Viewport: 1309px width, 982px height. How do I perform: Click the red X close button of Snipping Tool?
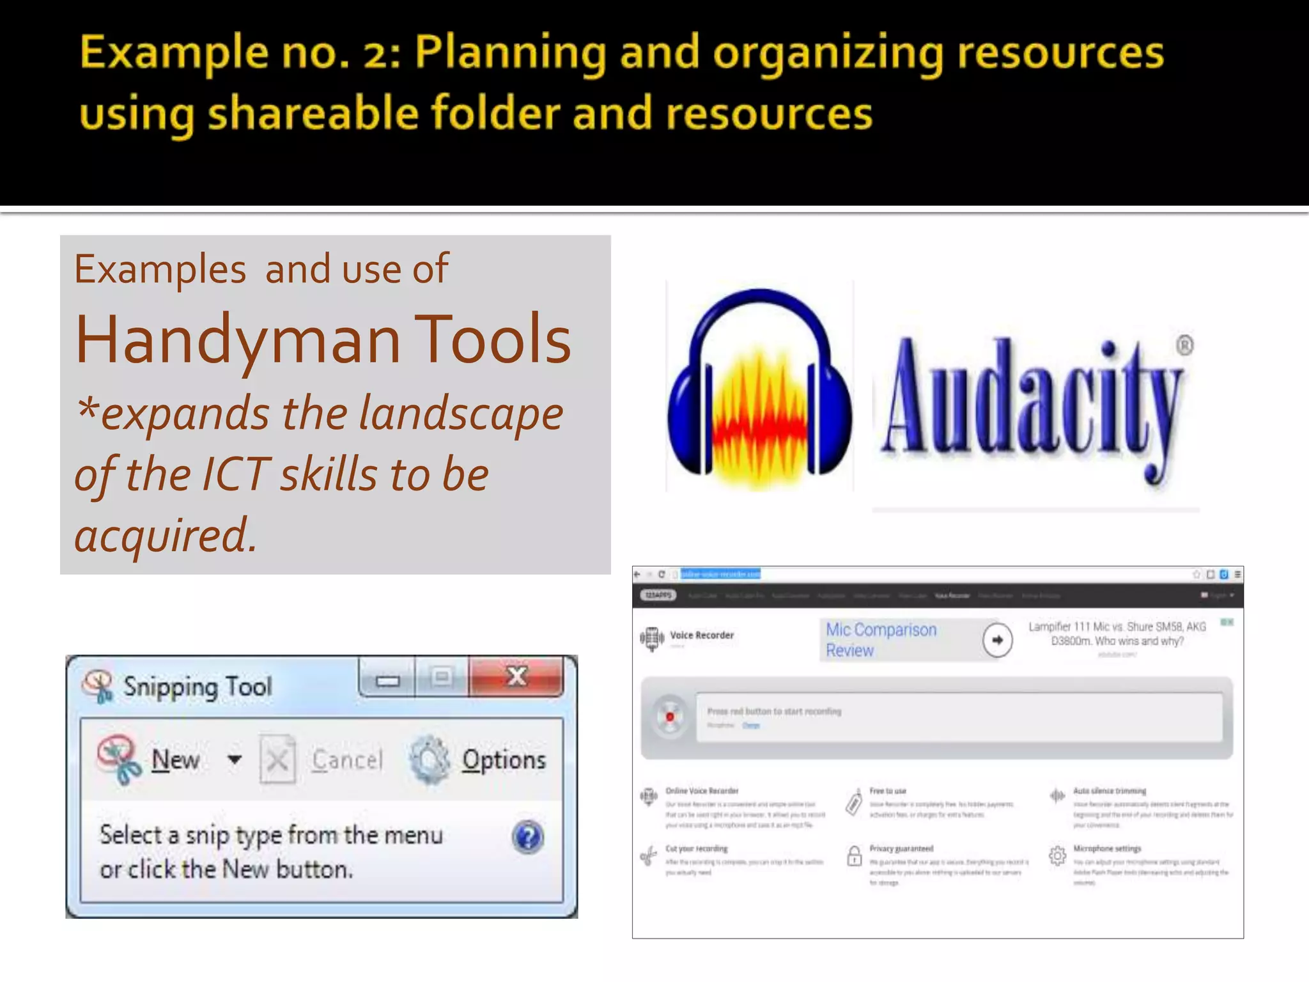[x=516, y=676]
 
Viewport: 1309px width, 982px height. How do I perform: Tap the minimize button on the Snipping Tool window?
[x=387, y=680]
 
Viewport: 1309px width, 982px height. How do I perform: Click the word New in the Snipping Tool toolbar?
[x=175, y=760]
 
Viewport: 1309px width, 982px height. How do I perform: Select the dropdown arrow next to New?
[x=235, y=760]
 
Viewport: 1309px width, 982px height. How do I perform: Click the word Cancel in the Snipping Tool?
[x=347, y=760]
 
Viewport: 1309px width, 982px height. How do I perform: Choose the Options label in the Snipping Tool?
[x=504, y=760]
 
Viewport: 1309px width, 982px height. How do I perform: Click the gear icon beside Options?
[x=430, y=760]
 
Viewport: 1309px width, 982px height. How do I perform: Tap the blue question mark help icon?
[x=527, y=838]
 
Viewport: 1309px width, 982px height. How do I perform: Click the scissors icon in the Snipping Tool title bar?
[x=98, y=686]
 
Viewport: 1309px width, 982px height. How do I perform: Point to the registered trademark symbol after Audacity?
[x=1184, y=345]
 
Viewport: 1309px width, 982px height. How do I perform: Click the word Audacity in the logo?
[x=1032, y=403]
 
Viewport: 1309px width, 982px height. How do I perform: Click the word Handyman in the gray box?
[x=238, y=340]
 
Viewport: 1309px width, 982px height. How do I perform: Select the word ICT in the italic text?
[x=236, y=474]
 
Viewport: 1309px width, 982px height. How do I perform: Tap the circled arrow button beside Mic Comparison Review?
[x=997, y=640]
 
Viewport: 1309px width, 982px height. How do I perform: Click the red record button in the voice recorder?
[x=670, y=717]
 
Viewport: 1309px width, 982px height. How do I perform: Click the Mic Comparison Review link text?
[x=880, y=640]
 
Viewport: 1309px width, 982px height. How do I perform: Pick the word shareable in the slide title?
[x=313, y=113]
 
